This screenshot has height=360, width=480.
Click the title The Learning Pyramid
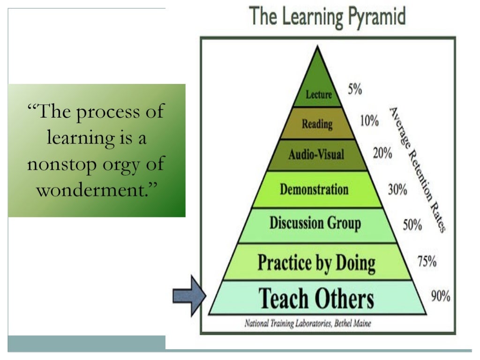pos(327,17)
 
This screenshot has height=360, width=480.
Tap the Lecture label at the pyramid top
pos(319,95)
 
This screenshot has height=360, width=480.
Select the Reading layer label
pos(317,124)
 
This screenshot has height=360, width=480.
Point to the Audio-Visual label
pos(316,154)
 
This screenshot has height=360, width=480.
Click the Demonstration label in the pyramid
pos(314,190)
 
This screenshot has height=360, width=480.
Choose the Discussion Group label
pos(315,223)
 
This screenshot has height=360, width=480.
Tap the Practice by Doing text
pos(316,263)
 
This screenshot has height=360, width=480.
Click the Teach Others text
pos(316,299)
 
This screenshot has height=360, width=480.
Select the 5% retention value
pos(355,89)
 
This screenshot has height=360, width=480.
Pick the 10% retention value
pos(369,121)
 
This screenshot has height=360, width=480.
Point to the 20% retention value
pos(383,153)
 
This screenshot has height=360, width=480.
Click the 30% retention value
pos(397,189)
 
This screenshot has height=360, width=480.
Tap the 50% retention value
pos(412,225)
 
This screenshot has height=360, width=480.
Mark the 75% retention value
pos(427,262)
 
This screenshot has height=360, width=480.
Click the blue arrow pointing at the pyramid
pos(189,296)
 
